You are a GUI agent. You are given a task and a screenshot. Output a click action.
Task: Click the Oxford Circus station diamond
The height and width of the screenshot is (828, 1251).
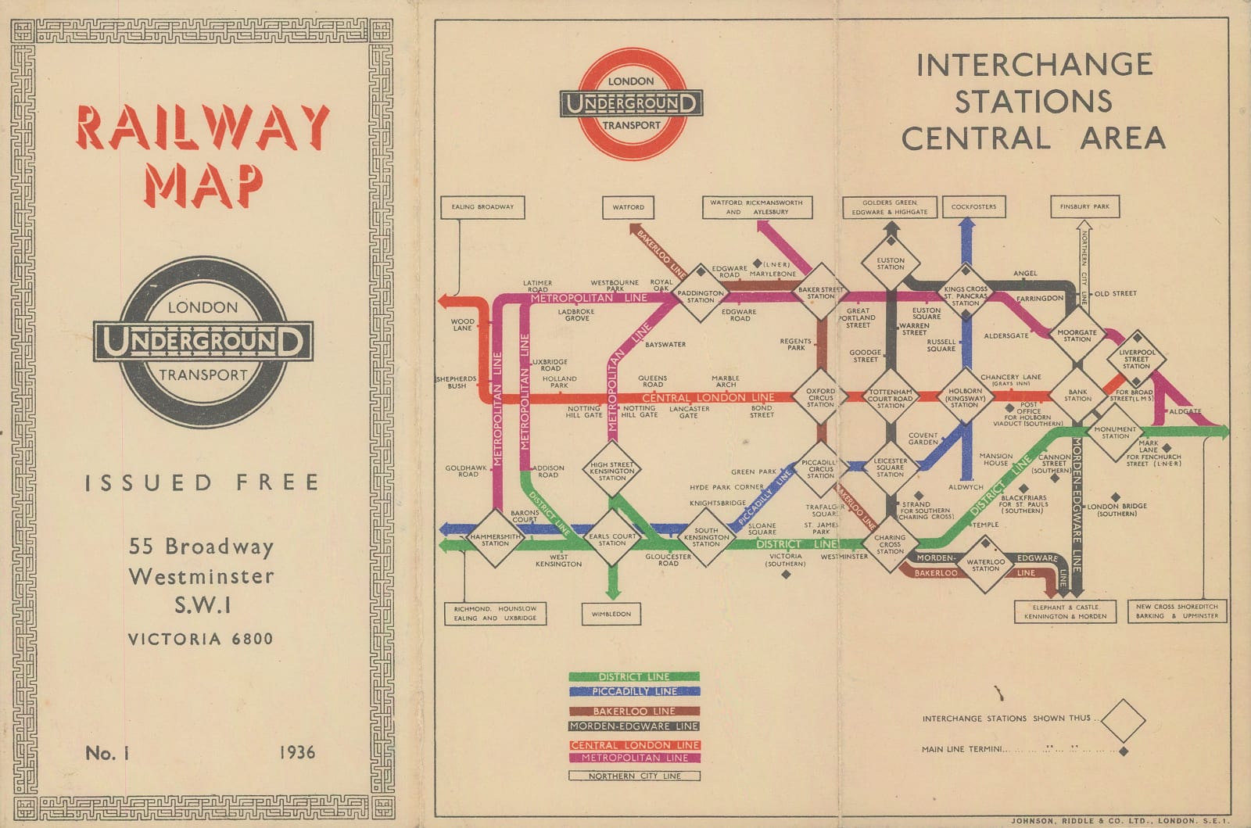tap(820, 398)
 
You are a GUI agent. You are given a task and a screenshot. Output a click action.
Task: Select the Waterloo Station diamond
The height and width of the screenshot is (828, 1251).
tap(985, 565)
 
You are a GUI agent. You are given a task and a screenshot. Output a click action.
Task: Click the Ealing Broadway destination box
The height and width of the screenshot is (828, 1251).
tap(482, 207)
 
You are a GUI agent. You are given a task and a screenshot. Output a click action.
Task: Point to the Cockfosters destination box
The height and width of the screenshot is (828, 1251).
tap(973, 207)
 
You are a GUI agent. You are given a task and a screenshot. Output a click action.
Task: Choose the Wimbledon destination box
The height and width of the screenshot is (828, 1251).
tap(611, 614)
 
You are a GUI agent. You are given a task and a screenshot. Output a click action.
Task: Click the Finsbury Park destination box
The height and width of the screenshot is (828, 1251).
tap(1084, 207)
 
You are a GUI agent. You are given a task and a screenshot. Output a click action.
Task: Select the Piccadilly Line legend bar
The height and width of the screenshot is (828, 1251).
tap(634, 691)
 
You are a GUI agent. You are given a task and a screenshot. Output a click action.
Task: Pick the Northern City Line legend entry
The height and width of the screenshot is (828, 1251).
tap(634, 776)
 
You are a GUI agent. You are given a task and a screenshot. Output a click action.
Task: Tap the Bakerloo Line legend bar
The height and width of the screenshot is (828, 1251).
tap(634, 712)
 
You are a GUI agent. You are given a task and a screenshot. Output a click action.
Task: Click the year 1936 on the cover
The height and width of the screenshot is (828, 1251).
tap(297, 753)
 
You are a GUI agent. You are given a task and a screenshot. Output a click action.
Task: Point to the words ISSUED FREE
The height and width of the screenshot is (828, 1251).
tap(203, 482)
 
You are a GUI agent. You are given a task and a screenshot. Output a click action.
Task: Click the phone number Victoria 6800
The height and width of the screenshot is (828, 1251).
tap(201, 639)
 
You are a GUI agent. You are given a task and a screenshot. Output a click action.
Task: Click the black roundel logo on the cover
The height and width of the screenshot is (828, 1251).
tap(203, 342)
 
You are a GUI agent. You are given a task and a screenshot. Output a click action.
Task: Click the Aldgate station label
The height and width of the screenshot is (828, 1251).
tap(1185, 411)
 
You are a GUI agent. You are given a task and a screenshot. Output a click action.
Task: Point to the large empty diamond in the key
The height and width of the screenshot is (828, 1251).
tap(1123, 720)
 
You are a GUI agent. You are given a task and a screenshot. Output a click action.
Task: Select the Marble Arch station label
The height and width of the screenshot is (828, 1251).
tap(725, 381)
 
